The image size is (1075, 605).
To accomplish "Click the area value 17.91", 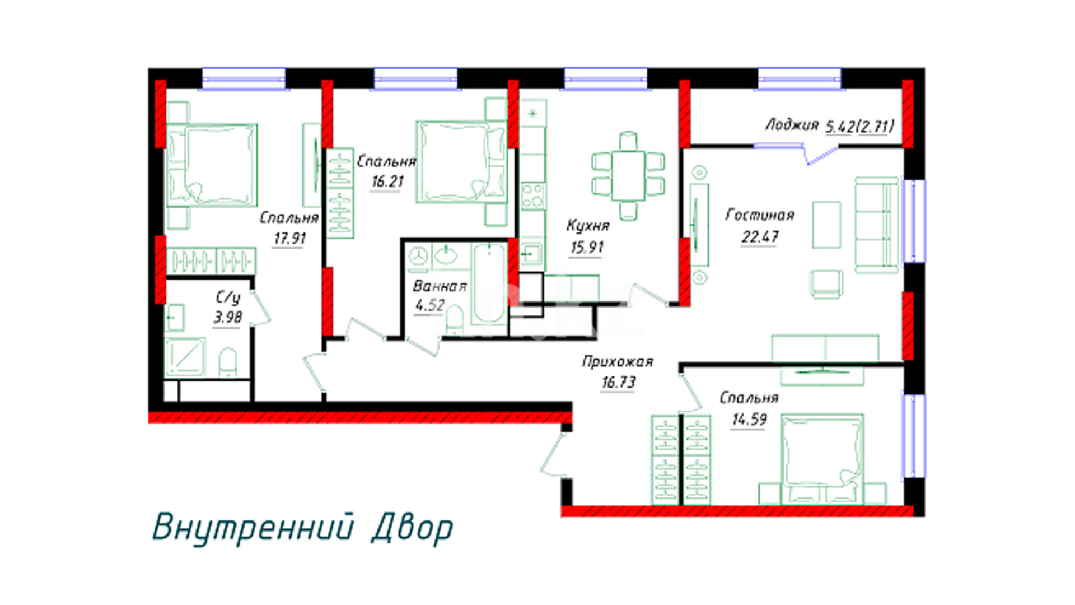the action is [x=289, y=239].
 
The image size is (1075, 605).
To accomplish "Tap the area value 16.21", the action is [x=387, y=182].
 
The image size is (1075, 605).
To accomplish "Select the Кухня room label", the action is [x=587, y=226].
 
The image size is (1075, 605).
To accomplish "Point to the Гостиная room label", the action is [x=760, y=215].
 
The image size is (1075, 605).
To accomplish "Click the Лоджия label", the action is [x=792, y=125].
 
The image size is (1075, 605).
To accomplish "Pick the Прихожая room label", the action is [x=618, y=362].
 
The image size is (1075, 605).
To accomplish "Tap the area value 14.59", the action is [x=749, y=420].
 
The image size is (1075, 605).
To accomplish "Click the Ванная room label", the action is [x=440, y=286].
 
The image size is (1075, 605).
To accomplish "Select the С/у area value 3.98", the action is [x=228, y=318].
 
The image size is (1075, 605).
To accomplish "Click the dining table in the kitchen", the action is [x=628, y=175].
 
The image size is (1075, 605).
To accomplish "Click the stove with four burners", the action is [x=532, y=196].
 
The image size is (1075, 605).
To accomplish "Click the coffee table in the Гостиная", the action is [x=826, y=225].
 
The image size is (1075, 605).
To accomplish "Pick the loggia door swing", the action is [x=821, y=154].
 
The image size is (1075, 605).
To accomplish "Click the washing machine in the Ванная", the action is [x=418, y=257].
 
